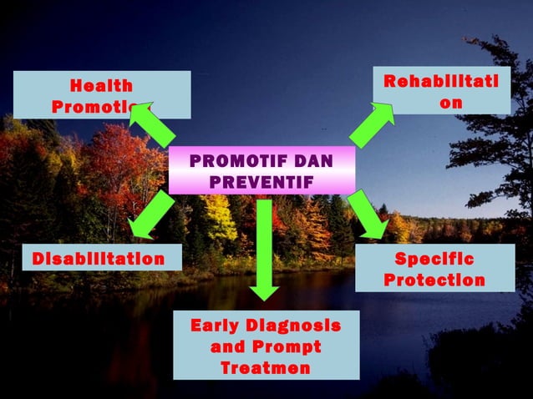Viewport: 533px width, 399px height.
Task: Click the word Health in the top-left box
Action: click(x=101, y=85)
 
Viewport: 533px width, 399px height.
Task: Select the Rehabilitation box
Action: click(x=441, y=89)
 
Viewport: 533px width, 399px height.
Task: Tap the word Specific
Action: click(x=434, y=259)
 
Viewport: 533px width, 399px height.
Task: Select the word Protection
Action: click(x=434, y=280)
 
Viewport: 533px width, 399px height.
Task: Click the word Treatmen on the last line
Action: click(x=266, y=367)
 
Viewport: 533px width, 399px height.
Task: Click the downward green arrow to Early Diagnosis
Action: click(x=265, y=250)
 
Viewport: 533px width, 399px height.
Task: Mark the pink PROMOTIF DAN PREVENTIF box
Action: click(x=261, y=170)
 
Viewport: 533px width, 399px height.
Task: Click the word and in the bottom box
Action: click(x=226, y=346)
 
